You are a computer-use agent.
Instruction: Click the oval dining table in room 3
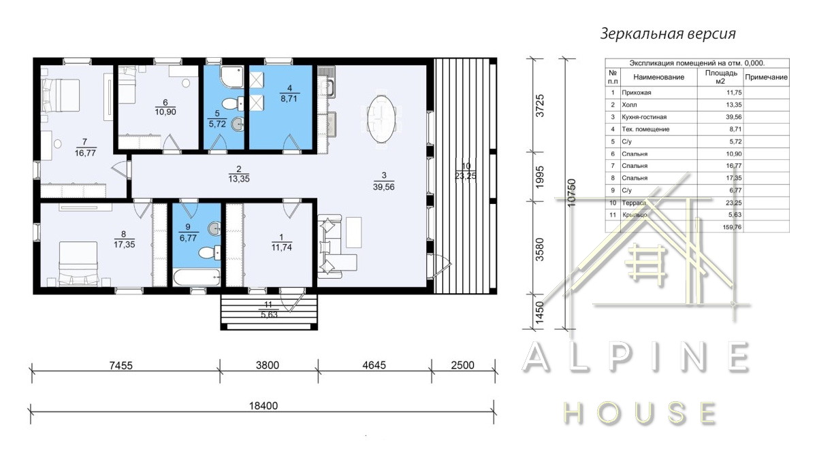381,119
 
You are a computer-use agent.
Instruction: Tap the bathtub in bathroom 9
197,277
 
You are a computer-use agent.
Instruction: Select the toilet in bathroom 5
233,104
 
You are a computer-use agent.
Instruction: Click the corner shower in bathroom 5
232,77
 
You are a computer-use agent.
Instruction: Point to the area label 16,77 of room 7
85,153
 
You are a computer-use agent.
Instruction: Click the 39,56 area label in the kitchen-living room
384,187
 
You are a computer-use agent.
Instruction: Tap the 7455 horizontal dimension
121,365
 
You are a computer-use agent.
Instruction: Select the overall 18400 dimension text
263,406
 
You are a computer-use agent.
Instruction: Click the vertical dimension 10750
571,192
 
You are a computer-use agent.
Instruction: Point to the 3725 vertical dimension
540,105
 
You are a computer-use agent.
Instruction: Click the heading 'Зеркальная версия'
668,34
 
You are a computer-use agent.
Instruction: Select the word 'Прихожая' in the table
637,92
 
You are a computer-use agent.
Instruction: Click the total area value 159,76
732,227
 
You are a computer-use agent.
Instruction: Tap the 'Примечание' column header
766,78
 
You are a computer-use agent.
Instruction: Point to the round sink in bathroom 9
214,228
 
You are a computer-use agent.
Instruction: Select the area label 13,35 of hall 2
239,179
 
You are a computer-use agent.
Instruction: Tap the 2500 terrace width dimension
462,365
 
